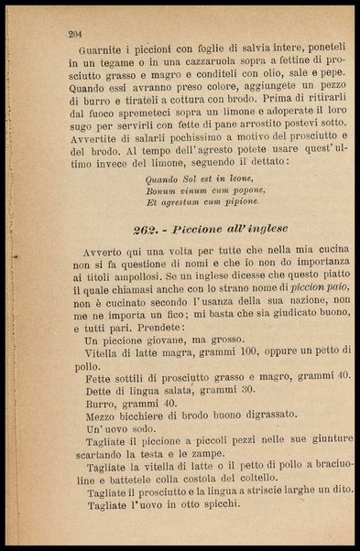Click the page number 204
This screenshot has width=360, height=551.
(x=76, y=34)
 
